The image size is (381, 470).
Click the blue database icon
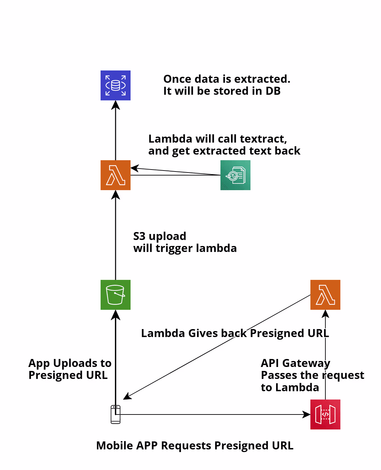pyautogui.click(x=116, y=85)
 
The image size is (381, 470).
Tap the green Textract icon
pyautogui.click(x=235, y=175)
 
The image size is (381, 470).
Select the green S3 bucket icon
pyautogui.click(x=116, y=295)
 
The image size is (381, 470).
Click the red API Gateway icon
pyautogui.click(x=325, y=414)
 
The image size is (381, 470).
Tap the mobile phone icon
pyautogui.click(x=116, y=414)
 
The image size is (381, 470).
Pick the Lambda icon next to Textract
pyautogui.click(x=116, y=175)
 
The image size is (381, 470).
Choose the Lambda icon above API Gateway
pyautogui.click(x=325, y=295)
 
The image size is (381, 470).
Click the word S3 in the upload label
pyautogui.click(x=140, y=236)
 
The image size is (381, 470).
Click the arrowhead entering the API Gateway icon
pyautogui.click(x=307, y=414)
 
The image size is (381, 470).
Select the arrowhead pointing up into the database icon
pyautogui.click(x=116, y=105)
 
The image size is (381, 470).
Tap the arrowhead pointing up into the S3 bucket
pyautogui.click(x=116, y=314)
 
